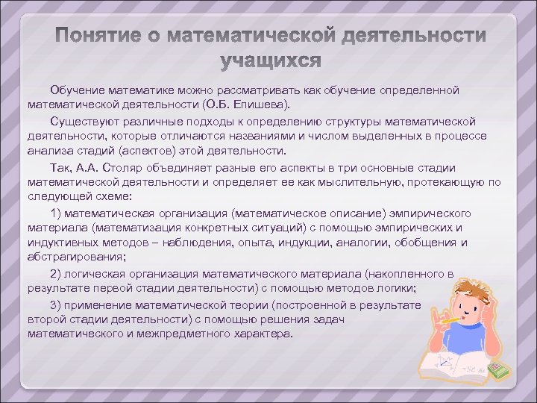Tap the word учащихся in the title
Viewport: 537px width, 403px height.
coord(272,60)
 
